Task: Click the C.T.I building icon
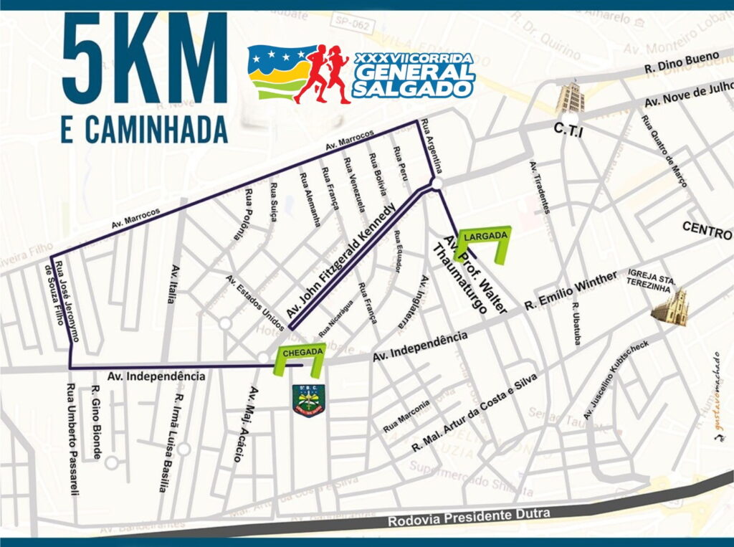(571, 98)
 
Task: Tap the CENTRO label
(707, 231)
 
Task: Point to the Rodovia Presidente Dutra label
(470, 516)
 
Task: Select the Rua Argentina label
(434, 146)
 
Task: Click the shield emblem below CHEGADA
(308, 400)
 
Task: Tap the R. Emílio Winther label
(570, 290)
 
